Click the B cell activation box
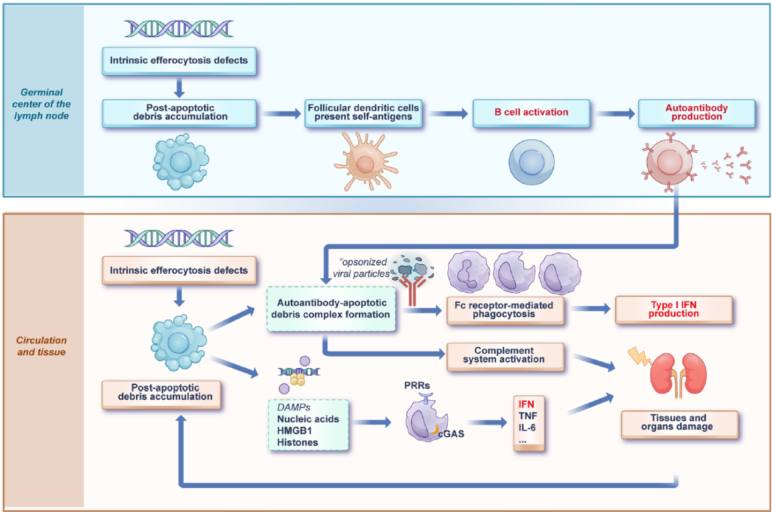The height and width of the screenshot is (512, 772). pos(531,112)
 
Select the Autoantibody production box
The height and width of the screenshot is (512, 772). pos(696,112)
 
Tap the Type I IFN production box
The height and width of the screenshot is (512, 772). pos(673,310)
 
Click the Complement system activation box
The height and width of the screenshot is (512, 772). pos(504,355)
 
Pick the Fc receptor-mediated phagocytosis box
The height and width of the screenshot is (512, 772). pos(504,310)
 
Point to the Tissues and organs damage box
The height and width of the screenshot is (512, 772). pos(679,423)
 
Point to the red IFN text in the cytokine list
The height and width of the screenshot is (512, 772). pos(525,403)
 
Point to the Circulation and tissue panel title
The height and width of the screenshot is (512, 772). pos(42,346)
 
